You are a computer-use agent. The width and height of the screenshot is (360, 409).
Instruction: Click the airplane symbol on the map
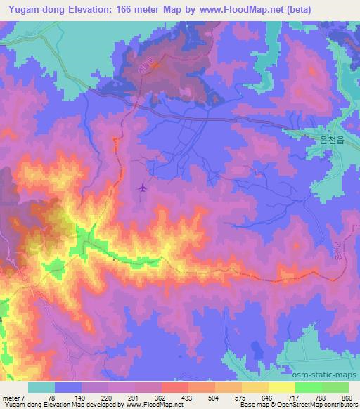[143, 188]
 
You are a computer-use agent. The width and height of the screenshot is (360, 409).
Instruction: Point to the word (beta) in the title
[279, 9]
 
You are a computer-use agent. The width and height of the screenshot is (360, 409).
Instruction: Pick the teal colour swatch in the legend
[41, 387]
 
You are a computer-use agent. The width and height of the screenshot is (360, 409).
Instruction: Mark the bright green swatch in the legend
[309, 387]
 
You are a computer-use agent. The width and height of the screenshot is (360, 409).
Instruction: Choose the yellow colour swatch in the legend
[282, 387]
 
